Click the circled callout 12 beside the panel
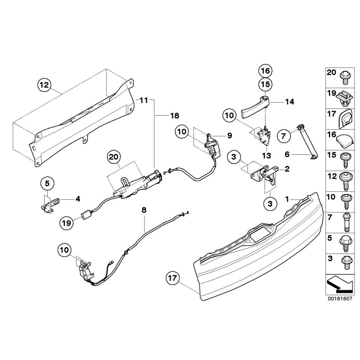pos(45,84)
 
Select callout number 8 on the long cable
pos(144,209)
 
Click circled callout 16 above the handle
pos(265,71)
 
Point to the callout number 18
pos(174,116)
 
